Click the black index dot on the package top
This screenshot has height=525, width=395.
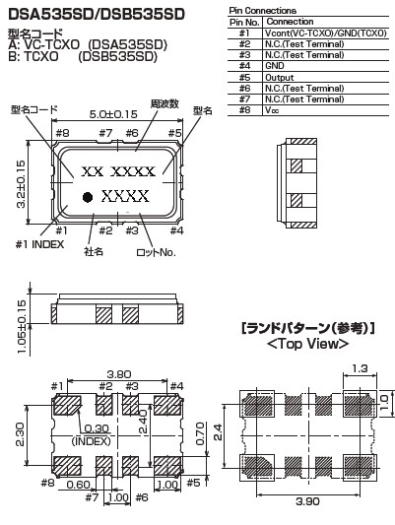(x=88, y=197)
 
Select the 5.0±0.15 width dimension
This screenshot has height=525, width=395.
(x=113, y=114)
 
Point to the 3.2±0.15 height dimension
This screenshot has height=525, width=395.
(x=21, y=184)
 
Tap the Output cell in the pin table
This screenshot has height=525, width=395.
(x=279, y=78)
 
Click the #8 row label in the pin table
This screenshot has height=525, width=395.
(x=244, y=110)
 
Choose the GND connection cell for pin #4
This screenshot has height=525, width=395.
(x=275, y=66)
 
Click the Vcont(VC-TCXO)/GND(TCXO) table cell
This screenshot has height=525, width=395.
(x=326, y=33)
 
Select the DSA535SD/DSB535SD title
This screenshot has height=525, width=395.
(x=97, y=14)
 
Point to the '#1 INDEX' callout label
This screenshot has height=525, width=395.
(x=39, y=244)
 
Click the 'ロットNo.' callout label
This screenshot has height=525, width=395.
(x=156, y=252)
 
